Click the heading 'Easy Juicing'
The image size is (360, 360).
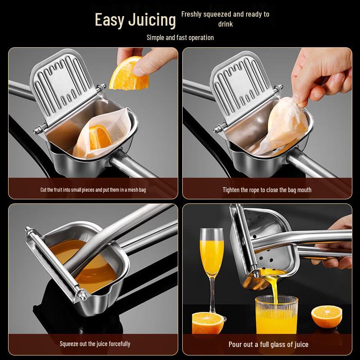point(135,20)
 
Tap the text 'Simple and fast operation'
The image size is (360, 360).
point(180,37)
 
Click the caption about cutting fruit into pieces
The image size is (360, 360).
point(93,190)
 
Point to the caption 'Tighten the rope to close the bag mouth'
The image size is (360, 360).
point(267,190)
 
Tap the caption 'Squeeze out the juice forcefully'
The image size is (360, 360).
point(95,344)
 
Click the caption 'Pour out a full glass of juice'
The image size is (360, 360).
point(269,344)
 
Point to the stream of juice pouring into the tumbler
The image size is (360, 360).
point(274,283)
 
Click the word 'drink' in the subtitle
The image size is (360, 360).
point(225,24)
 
